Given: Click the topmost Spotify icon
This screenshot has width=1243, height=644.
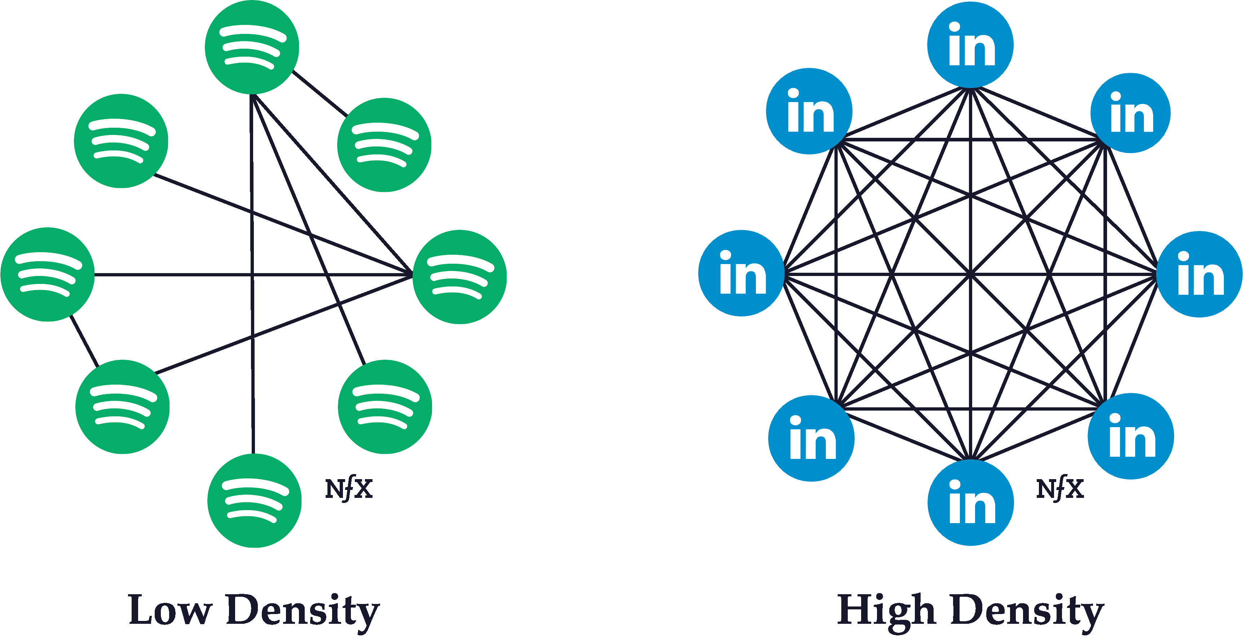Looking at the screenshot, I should [252, 47].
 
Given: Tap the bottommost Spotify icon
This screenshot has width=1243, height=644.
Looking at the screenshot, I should [254, 501].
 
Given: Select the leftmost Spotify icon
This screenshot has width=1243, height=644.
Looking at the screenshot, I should [48, 274].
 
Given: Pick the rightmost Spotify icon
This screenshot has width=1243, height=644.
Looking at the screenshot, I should [459, 277].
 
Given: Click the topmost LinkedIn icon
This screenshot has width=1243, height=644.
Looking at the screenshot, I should [970, 44].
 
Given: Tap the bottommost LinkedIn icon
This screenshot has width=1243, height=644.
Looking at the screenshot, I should [970, 503].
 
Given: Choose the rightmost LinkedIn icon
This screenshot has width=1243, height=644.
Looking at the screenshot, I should [1200, 274].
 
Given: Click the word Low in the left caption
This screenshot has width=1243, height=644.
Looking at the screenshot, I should [170, 610].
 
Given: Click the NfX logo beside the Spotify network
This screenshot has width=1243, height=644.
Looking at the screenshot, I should [349, 489].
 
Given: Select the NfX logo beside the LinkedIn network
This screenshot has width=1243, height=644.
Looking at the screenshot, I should [1060, 489].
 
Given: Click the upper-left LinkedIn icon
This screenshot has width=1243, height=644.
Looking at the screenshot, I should [809, 111].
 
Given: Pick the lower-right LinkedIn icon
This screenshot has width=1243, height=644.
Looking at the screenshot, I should [1130, 437].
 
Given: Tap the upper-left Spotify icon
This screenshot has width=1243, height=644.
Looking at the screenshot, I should [121, 141].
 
